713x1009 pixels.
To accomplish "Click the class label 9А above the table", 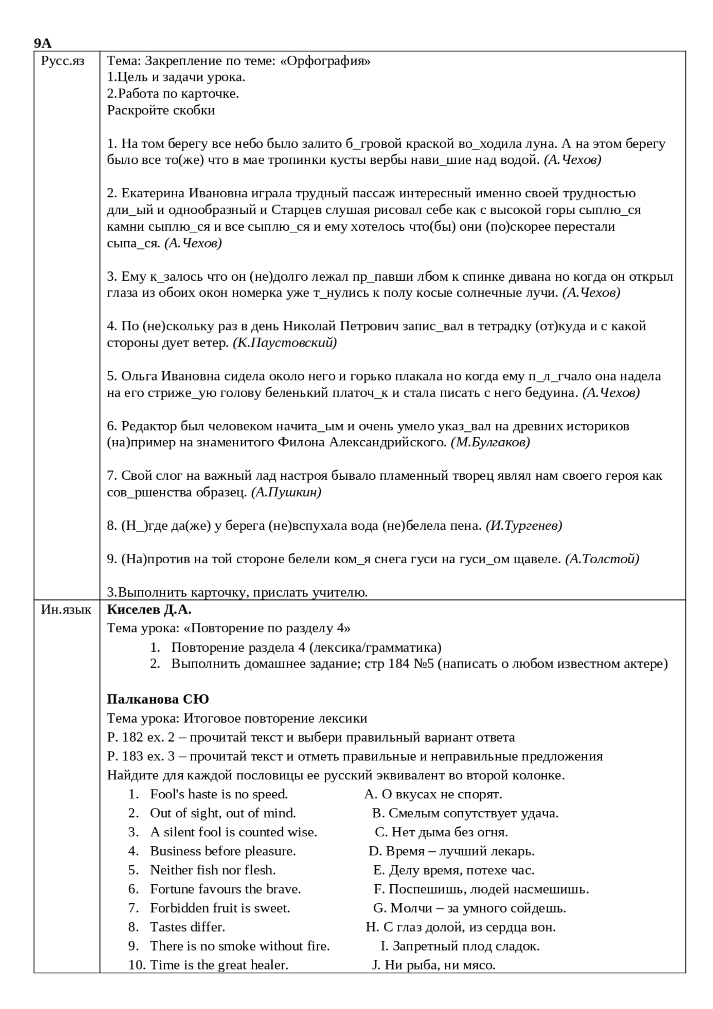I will pos(42,44).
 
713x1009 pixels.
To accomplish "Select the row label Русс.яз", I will pos(62,61).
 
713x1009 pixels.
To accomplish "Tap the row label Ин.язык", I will pos(66,610).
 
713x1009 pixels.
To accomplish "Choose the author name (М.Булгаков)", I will pos(490,442).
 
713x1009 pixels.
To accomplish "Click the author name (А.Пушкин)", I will pos(286,493).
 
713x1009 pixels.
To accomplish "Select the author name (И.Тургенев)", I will pos(524,525).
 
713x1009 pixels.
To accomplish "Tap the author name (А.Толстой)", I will pos(602,559).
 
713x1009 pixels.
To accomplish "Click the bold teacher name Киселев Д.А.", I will pos(149,610).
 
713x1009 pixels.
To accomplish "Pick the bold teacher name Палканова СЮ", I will pos(158,699).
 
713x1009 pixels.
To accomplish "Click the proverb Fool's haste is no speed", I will pos(218,794).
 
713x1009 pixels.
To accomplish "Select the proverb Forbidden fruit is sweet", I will pos(220,908).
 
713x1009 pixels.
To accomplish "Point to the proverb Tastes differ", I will pos(187,927).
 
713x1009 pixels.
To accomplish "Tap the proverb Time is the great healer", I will pos(219,964).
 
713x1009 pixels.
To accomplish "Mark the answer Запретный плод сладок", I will pos(466,945).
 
